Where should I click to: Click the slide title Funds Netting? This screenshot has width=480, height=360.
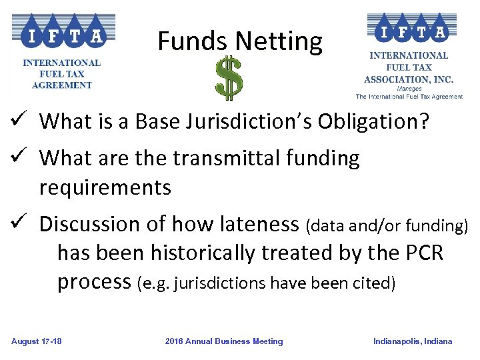(240, 42)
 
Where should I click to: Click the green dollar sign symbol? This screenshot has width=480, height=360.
(229, 78)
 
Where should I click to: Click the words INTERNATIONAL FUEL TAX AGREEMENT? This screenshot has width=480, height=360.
(62, 73)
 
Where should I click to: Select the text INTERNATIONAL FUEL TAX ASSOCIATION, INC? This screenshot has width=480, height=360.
(409, 67)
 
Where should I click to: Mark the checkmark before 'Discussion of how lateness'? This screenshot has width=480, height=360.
(19, 224)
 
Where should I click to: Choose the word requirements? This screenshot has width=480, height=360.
(105, 188)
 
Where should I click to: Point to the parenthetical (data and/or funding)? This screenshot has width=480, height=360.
(387, 226)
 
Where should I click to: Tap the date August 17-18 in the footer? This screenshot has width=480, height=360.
(37, 341)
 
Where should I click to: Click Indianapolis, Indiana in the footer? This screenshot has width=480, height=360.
(413, 341)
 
